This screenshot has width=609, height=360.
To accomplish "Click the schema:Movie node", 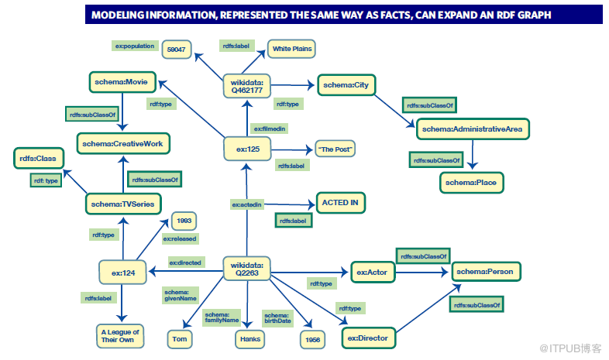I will coord(122,81).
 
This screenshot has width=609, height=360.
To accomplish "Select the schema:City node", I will coord(346,85).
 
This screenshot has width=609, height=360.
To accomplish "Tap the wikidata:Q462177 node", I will coord(247,85).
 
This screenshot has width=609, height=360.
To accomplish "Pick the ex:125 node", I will coord(247,148).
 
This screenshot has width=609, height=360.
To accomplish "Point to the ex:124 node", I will coord(123,272).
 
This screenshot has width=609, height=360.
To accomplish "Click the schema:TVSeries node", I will coord(122,204).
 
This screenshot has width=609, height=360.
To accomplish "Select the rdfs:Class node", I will coord(38,159).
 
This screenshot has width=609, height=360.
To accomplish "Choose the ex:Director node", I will coord(369,338).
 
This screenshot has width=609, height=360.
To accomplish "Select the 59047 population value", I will coord(176,50).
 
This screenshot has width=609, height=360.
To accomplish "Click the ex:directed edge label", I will coord(186,263).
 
